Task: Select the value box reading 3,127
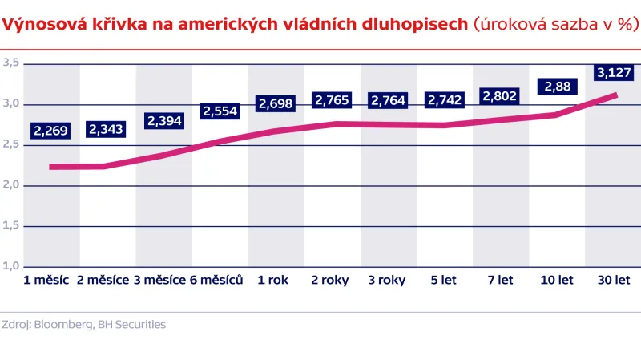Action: pos(613,74)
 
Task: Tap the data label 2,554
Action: pos(220,111)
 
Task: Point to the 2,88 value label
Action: pos(557,86)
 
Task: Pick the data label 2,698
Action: pos(276,103)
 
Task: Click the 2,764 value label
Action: pos(388,100)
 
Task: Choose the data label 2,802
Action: pos(500,95)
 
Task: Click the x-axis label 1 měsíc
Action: pos(46,281)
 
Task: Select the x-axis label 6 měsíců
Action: pos(216,281)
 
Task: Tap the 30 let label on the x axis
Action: pos(615,281)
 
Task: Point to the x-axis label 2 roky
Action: pos(329,281)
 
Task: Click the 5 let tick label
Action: pos(443,281)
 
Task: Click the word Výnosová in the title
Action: pos(39,26)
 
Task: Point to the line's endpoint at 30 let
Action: pos(615,95)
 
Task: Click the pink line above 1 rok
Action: pos(273,131)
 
